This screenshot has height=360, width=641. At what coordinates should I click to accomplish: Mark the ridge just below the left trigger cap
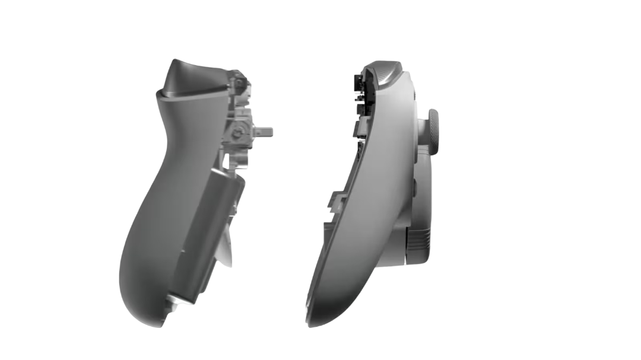point(178,95)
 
